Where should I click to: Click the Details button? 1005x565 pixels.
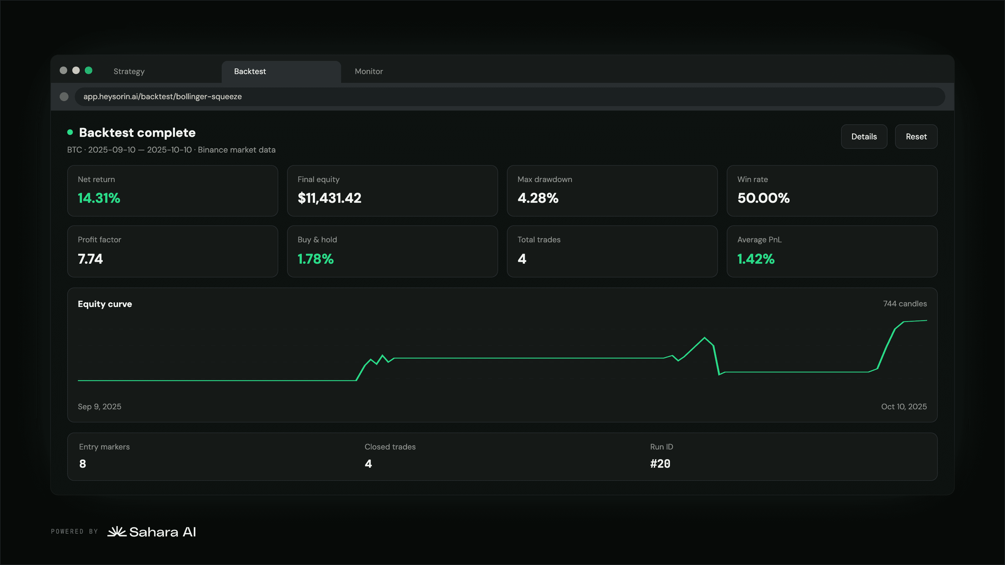864,137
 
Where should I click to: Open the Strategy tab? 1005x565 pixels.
129,71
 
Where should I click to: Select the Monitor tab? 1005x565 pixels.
369,71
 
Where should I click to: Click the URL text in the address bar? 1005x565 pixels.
162,96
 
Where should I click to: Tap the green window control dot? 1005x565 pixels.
89,70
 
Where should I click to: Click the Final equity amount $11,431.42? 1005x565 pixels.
329,198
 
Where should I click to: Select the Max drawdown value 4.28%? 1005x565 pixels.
538,198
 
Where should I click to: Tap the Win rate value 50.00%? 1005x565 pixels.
763,198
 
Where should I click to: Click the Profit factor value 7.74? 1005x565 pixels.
90,259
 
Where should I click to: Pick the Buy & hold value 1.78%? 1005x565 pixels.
315,259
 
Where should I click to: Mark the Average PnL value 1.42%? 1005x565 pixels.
756,259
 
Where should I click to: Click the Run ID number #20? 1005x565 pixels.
660,464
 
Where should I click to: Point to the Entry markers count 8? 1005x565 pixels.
83,464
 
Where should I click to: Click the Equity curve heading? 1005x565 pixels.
105,304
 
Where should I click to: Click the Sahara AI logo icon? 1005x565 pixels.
117,531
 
